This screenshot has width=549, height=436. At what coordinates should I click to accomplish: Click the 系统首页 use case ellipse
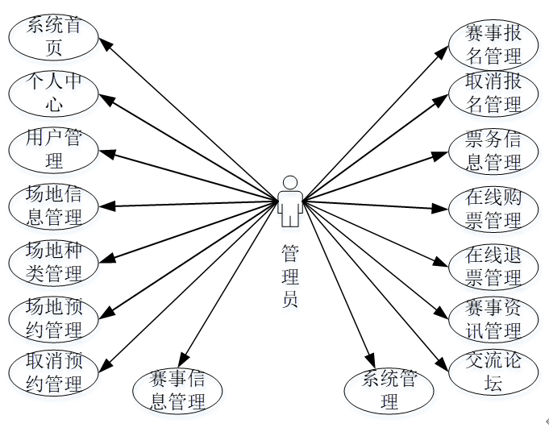(x=54, y=37)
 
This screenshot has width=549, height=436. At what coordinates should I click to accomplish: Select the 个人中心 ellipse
(x=54, y=93)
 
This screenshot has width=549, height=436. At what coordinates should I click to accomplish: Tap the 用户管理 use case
(x=54, y=150)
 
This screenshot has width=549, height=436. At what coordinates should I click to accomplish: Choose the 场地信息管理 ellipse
(x=54, y=206)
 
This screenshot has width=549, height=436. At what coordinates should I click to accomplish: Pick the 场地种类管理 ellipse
(x=54, y=263)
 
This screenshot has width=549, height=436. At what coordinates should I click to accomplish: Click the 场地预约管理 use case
(x=54, y=318)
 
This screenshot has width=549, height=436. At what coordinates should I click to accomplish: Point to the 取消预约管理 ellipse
(x=54, y=373)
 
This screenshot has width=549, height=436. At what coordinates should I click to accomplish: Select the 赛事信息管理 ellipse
(x=178, y=390)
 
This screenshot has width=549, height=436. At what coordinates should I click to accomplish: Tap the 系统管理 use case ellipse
(x=389, y=390)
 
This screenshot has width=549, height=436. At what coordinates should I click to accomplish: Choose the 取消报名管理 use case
(x=493, y=93)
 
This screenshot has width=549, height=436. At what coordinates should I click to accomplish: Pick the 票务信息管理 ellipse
(x=493, y=151)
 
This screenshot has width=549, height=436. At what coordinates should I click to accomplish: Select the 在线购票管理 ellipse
(x=493, y=208)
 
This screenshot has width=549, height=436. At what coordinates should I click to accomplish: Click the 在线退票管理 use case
(x=493, y=266)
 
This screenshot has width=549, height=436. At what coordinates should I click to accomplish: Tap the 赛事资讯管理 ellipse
(x=493, y=319)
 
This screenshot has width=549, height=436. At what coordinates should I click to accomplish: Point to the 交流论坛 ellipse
(x=493, y=372)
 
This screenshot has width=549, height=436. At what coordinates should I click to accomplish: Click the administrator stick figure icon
(x=290, y=201)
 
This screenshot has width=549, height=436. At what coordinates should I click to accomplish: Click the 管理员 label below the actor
(x=290, y=277)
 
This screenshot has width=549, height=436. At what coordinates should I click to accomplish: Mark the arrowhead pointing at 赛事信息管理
(x=185, y=359)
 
